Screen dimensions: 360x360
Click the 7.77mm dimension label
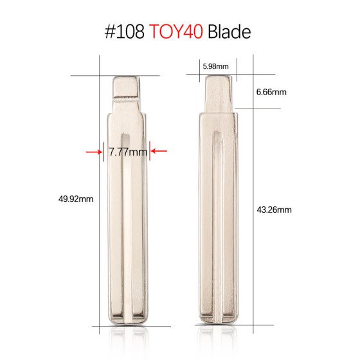[x=128, y=152]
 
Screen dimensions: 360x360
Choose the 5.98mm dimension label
[x=214, y=66]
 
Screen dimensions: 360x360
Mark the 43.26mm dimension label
[x=274, y=210]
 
